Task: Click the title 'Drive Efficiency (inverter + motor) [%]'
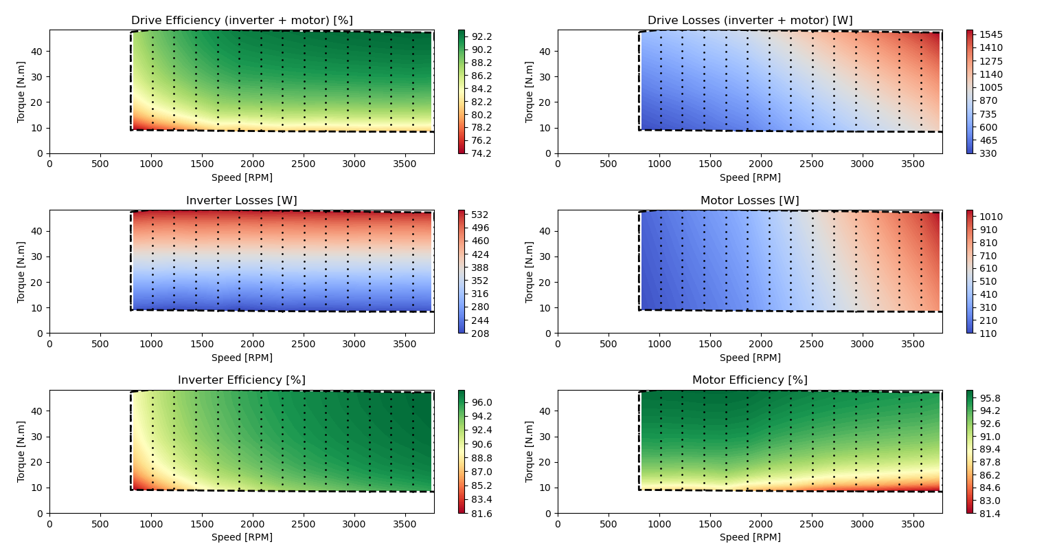click(242, 21)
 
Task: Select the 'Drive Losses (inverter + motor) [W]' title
click(750, 21)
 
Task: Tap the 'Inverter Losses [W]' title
click(242, 201)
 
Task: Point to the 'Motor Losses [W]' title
click(750, 201)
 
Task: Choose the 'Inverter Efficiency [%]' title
click(242, 380)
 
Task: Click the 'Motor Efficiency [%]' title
click(750, 380)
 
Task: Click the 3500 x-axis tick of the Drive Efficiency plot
click(405, 164)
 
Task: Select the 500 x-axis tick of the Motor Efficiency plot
click(609, 524)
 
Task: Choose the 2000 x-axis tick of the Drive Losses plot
click(761, 164)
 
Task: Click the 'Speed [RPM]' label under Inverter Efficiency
click(242, 537)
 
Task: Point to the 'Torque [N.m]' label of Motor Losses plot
click(530, 272)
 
